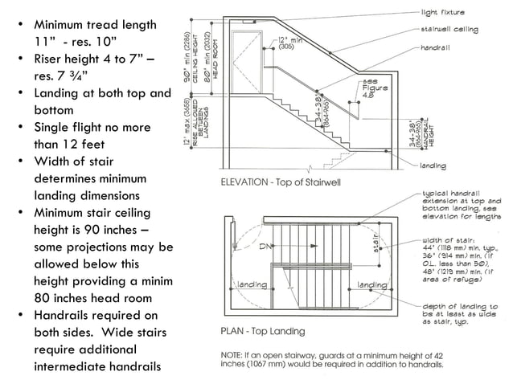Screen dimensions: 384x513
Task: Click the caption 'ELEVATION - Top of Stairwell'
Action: tap(281, 182)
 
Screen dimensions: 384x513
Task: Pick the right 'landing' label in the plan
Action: tap(372, 284)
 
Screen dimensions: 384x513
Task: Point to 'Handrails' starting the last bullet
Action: tap(60, 315)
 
